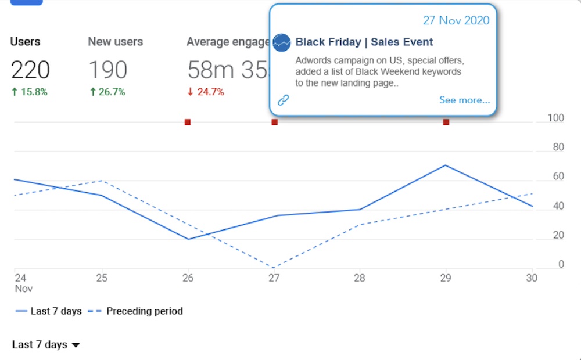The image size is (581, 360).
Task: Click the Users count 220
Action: [x=30, y=70]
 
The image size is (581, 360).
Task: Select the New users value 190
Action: [x=107, y=70]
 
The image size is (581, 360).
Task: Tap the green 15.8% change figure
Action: [x=29, y=92]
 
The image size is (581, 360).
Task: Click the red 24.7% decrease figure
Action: [x=206, y=92]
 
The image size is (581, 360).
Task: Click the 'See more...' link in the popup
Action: [x=464, y=100]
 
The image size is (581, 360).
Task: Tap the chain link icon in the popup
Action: [x=283, y=100]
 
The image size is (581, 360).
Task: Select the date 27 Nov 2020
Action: [x=456, y=20]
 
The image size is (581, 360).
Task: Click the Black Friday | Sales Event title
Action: [x=364, y=42]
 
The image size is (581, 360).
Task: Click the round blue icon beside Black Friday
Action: [x=282, y=42]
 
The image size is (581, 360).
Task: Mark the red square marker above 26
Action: [x=188, y=122]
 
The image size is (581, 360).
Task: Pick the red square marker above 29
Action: [x=446, y=122]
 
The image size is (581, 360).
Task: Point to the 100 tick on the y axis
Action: [x=556, y=118]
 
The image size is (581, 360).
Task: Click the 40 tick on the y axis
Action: [x=558, y=206]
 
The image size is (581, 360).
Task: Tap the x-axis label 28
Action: [x=360, y=278]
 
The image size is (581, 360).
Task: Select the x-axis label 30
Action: [x=532, y=278]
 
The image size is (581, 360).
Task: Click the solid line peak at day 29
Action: [x=446, y=165]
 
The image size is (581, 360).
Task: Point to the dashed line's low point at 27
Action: [x=274, y=268]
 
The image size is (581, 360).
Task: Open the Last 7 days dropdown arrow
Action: [x=76, y=345]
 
